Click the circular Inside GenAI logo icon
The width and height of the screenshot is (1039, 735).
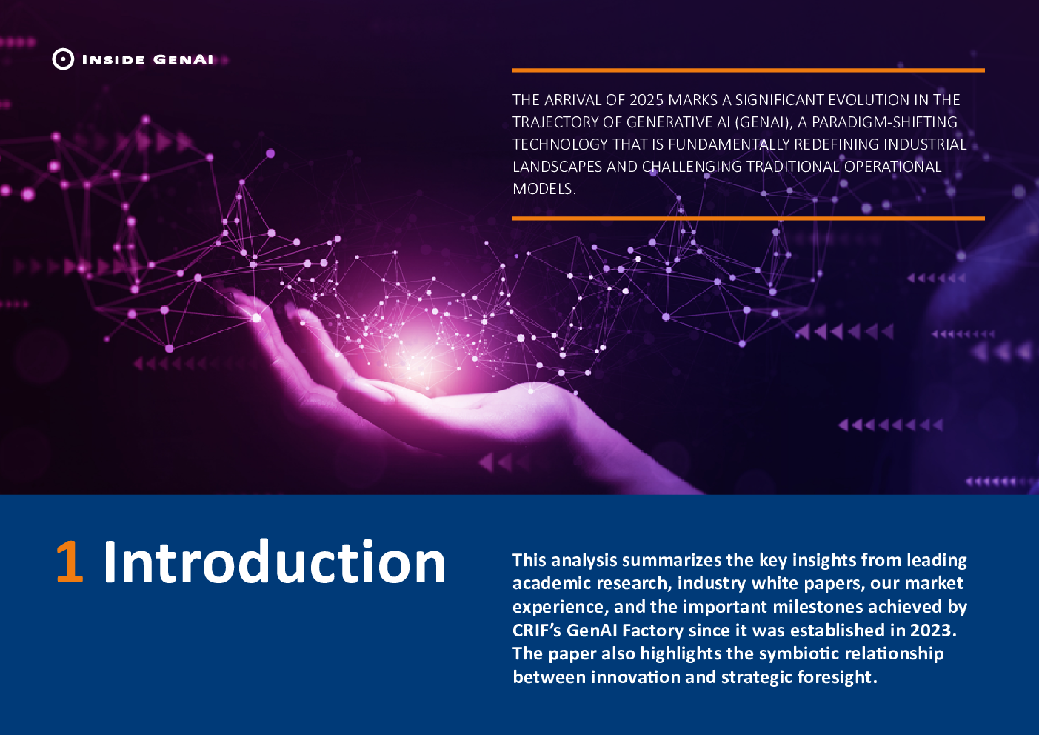tap(63, 59)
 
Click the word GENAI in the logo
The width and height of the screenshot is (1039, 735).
tap(183, 60)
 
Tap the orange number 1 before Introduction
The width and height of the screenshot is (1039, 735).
tap(70, 562)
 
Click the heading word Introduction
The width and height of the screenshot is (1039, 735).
tap(274, 561)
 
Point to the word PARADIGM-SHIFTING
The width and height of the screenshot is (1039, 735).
tap(884, 122)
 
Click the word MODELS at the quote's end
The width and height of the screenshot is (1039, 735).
tap(544, 189)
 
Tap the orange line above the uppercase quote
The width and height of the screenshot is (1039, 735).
tap(749, 70)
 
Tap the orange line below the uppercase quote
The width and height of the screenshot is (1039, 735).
tap(749, 218)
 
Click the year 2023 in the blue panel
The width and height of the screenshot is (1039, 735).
tap(933, 630)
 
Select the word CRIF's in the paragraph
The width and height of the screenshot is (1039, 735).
tap(537, 630)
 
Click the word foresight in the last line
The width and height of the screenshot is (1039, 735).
tap(838, 677)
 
